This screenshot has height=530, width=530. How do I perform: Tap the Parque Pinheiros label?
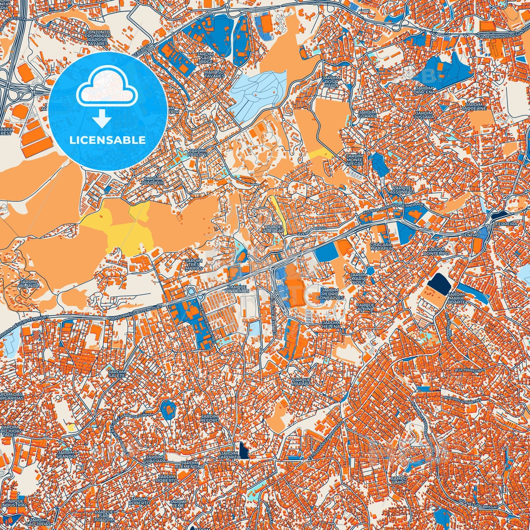pyautogui.click(x=238, y=289)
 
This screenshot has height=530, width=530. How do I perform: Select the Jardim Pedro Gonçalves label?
pyautogui.click(x=330, y=294)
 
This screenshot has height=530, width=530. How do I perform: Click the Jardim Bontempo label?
pyautogui.click(x=436, y=251)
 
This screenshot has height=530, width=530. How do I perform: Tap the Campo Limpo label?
pyautogui.click(x=398, y=480)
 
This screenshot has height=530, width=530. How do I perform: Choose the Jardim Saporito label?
pyautogui.click(x=229, y=455)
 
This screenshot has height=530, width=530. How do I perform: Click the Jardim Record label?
pyautogui.click(x=209, y=418)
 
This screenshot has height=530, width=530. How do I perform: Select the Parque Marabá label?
pyautogui.click(x=301, y=381)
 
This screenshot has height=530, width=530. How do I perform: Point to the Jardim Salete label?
pyautogui.click(x=117, y=373)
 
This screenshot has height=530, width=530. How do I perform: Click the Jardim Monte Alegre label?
pyautogui.click(x=354, y=160)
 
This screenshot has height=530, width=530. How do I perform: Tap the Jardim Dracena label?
pyautogui.click(x=425, y=90)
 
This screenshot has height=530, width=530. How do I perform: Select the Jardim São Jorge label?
pyautogui.click(x=205, y=57)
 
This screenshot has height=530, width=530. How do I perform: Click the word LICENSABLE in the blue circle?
pyautogui.click(x=107, y=140)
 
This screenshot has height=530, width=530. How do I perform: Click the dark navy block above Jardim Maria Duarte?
pyautogui.click(x=439, y=284)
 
